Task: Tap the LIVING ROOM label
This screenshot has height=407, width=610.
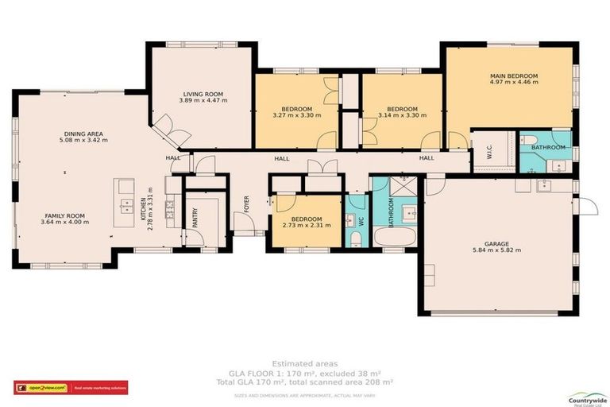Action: pos(203,94)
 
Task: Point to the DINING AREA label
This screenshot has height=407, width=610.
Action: pos(83,134)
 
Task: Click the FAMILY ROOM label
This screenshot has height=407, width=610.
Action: pos(65,215)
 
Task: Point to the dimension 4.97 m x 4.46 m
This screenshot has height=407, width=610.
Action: pos(514,82)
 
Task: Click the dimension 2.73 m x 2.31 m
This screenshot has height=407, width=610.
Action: pos(307,226)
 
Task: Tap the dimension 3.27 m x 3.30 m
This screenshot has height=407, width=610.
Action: pos(296,115)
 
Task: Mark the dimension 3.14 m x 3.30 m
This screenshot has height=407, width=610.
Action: pos(402,115)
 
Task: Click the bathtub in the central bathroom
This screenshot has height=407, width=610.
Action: pos(389,238)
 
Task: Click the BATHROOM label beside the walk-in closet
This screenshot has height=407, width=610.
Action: pos(548,147)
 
